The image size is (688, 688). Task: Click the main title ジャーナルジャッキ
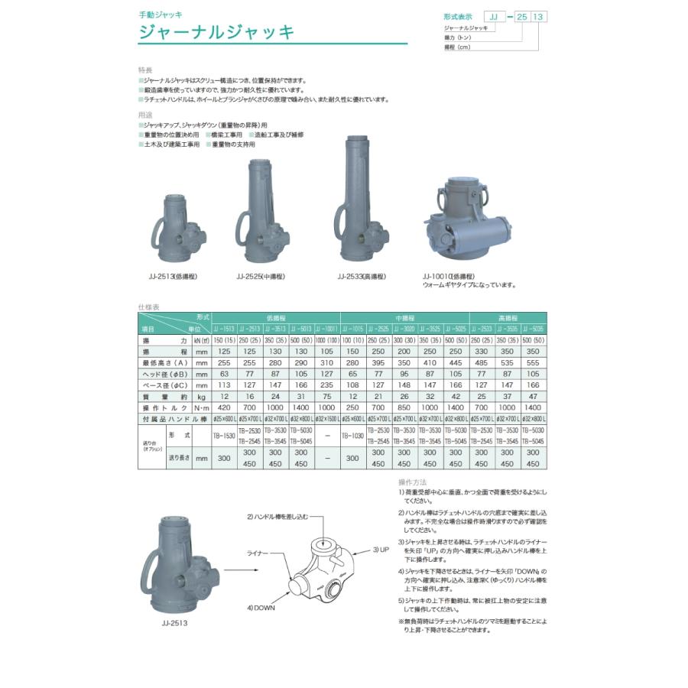point(216,33)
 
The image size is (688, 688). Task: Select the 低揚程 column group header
point(276,317)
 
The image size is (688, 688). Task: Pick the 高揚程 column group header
point(508,317)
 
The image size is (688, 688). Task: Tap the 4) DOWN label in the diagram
point(261,607)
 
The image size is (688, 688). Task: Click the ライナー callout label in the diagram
point(258,551)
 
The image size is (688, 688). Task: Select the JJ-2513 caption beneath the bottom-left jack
point(175,622)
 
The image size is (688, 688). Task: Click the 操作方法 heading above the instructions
point(413,483)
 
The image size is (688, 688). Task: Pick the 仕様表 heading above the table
point(148,307)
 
